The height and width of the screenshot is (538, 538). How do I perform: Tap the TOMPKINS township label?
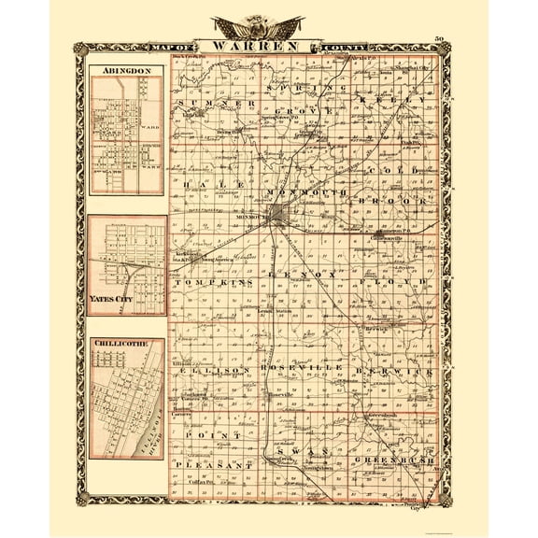[x=210, y=281]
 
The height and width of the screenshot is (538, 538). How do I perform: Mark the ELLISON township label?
[x=210, y=370]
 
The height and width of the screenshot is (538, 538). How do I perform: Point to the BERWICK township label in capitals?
[x=397, y=371]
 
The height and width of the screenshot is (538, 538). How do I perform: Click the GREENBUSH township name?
[x=397, y=460]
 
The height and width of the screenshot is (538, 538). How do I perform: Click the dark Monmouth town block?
[x=280, y=220]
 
